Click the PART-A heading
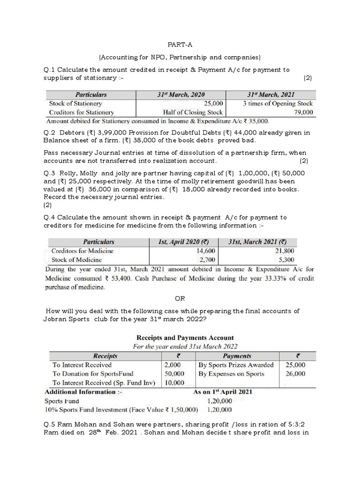pyautogui.click(x=180, y=45)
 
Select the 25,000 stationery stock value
pyautogui.click(x=213, y=104)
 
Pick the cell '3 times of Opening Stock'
pyautogui.click(x=277, y=104)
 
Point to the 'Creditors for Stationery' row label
pyautogui.click(x=82, y=112)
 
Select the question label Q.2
pyautogui.click(x=49, y=133)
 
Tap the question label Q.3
pyautogui.click(x=49, y=173)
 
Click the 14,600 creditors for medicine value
pyautogui.click(x=198, y=251)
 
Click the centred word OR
pyautogui.click(x=180, y=298)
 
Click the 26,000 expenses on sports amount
pyautogui.click(x=295, y=374)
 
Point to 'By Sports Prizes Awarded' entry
pyautogui.click(x=236, y=365)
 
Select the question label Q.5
pyautogui.click(x=49, y=425)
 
